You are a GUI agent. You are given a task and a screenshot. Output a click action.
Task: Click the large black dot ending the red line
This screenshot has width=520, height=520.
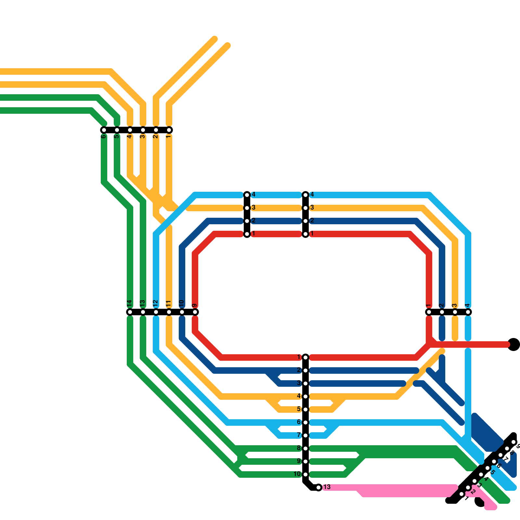point(513,344)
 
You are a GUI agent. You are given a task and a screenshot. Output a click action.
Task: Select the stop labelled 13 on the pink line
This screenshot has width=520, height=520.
point(318,487)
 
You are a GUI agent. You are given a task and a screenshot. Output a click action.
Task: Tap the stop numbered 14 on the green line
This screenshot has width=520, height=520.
point(130,312)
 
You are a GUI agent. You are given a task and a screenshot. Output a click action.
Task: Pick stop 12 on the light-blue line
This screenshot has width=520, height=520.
point(156,312)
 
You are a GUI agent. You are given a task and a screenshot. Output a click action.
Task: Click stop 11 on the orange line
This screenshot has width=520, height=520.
point(169,312)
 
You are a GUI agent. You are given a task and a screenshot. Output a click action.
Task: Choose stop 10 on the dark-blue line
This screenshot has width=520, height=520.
point(182,312)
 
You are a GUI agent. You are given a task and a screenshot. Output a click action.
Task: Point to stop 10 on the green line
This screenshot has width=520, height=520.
point(305,474)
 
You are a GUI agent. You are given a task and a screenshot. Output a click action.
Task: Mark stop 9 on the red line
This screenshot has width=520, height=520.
point(195,312)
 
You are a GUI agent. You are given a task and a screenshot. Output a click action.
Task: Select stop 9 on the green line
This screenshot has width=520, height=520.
point(305,461)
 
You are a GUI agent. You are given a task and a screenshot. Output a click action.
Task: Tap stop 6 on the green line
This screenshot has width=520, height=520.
point(104,130)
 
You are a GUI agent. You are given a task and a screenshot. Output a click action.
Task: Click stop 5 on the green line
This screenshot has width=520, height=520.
point(117,130)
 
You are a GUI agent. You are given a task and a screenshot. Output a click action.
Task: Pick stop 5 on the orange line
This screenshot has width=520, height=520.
point(305,409)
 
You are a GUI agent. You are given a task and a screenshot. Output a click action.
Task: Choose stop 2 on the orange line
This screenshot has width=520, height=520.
point(156,130)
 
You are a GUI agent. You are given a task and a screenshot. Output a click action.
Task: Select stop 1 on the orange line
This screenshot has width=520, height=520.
point(169,130)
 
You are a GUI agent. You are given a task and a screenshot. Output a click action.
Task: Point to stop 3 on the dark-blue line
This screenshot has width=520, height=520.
point(305,383)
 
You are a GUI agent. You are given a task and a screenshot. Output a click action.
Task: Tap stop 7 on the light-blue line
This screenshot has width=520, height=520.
point(305,435)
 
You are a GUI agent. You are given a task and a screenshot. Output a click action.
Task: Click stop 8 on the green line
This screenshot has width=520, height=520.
point(305,448)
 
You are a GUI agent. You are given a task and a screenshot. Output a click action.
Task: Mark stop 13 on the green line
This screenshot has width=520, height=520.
point(143,312)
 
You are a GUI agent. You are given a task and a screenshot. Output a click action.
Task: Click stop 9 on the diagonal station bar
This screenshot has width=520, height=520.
point(513,442)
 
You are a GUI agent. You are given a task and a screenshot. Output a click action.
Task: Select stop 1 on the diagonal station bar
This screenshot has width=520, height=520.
point(461,494)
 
